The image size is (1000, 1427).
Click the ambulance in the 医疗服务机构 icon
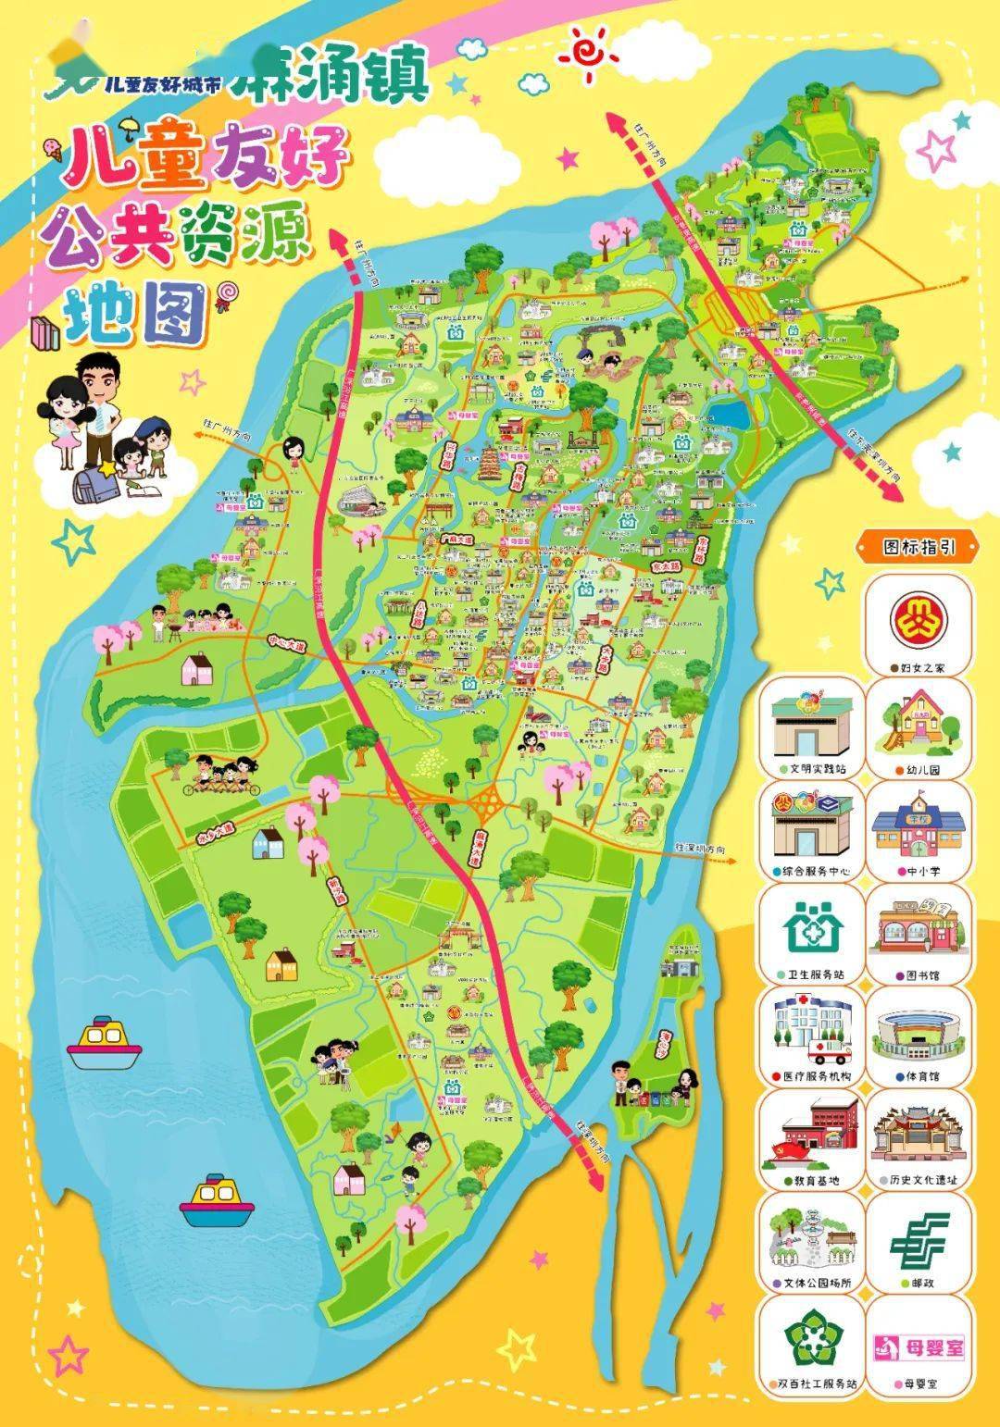click(x=831, y=1050)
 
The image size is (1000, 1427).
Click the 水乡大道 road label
click(x=215, y=834)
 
